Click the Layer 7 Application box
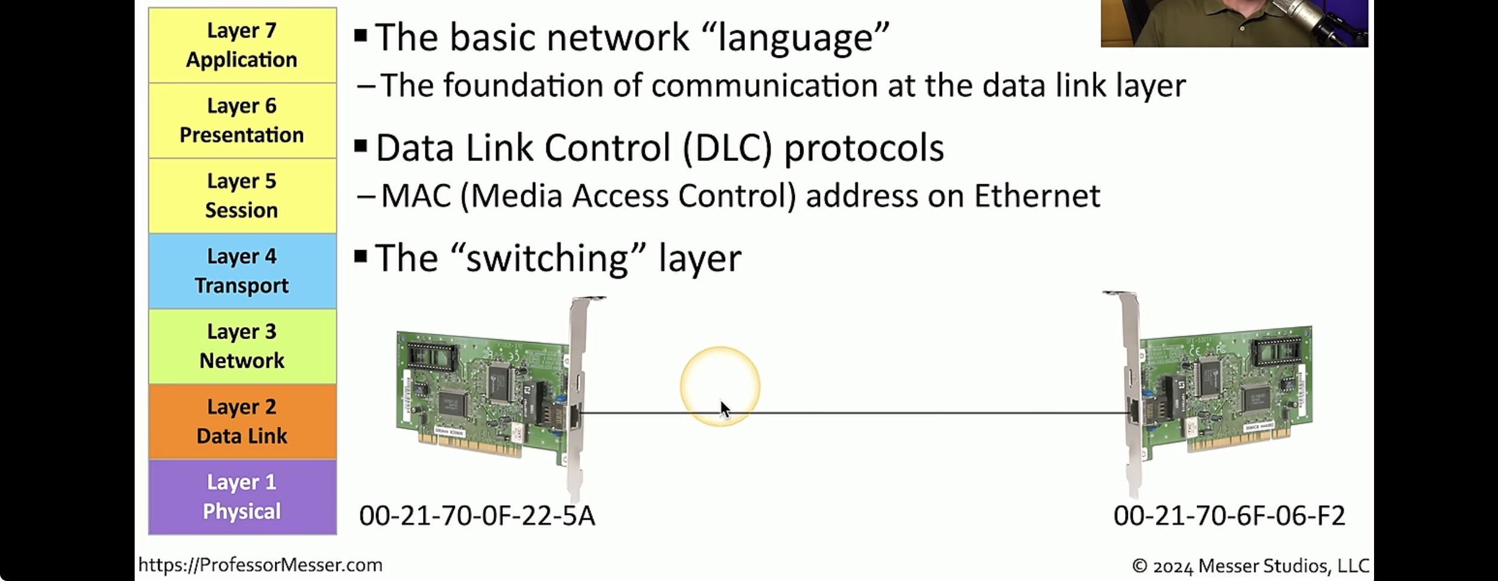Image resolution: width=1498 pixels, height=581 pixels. coord(242,45)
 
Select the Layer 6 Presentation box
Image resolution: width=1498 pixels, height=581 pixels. coord(242,120)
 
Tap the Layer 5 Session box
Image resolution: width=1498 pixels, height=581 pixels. coord(242,195)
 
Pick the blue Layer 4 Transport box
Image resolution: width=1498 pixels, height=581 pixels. coord(242,271)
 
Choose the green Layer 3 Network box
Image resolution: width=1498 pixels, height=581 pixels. coord(242,346)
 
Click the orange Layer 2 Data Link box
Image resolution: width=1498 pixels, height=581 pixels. coord(242,421)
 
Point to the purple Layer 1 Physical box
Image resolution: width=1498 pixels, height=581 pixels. coord(242,496)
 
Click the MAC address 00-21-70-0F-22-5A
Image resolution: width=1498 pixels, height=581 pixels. coord(477,516)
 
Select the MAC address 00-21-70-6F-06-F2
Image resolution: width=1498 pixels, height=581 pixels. coord(1229,516)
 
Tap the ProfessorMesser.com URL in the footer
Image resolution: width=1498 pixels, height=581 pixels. coord(260,565)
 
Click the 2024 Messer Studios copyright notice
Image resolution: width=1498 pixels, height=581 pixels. coord(1250,566)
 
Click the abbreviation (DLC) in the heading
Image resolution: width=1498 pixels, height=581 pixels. coord(727,148)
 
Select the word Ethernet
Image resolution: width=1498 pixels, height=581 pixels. coord(1037,196)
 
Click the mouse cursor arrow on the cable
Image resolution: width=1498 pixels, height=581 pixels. coord(724,409)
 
